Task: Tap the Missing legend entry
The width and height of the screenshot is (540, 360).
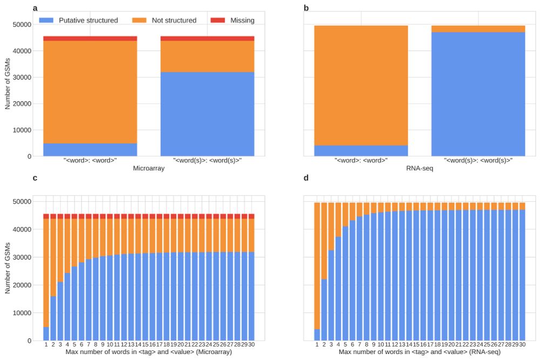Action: tap(241, 21)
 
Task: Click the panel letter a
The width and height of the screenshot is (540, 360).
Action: tap(35, 8)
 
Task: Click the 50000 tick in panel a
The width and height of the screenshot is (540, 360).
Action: tap(23, 24)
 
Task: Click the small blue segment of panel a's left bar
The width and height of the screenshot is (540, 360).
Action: tap(90, 150)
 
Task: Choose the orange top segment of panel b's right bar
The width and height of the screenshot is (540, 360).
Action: tap(478, 29)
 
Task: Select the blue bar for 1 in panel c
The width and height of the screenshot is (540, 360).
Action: tap(46, 334)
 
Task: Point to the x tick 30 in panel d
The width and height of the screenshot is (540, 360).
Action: tap(522, 345)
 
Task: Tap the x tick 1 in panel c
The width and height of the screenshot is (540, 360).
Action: tap(46, 345)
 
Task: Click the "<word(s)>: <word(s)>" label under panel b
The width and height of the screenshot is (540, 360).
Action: tap(478, 160)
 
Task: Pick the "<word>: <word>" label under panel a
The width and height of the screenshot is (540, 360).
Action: tap(90, 160)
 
